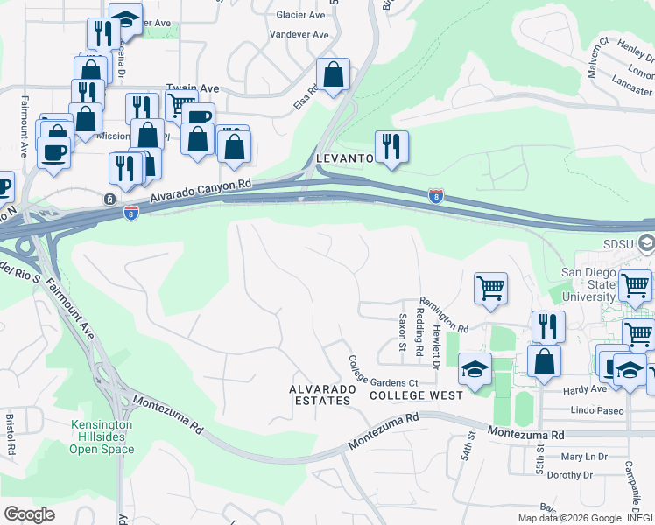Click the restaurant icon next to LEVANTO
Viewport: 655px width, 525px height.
(x=391, y=146)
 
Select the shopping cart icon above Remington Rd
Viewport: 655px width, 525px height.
(x=490, y=288)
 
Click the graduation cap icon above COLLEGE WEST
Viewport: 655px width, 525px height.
(x=475, y=371)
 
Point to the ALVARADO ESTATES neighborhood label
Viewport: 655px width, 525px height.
(x=320, y=394)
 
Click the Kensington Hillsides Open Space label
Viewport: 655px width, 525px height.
(x=102, y=437)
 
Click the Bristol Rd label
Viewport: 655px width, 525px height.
(x=11, y=434)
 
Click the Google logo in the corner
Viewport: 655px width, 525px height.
(x=29, y=514)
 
